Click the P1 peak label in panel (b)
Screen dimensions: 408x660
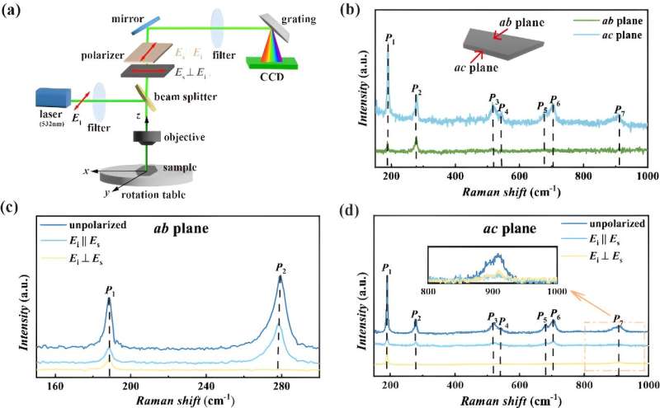pos(388,38)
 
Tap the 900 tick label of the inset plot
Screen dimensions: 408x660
pos(493,291)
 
